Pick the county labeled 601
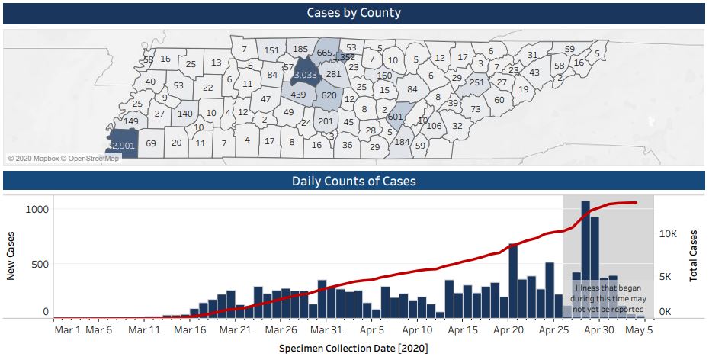tap(395, 117)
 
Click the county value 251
tap(477, 82)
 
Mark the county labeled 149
tap(131, 121)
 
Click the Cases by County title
tap(354, 13)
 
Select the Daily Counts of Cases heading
tap(354, 182)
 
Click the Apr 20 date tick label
tap(508, 330)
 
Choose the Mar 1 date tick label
tap(68, 330)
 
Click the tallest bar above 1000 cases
tap(585, 259)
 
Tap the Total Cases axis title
tap(694, 256)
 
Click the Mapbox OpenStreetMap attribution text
tap(64, 159)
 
